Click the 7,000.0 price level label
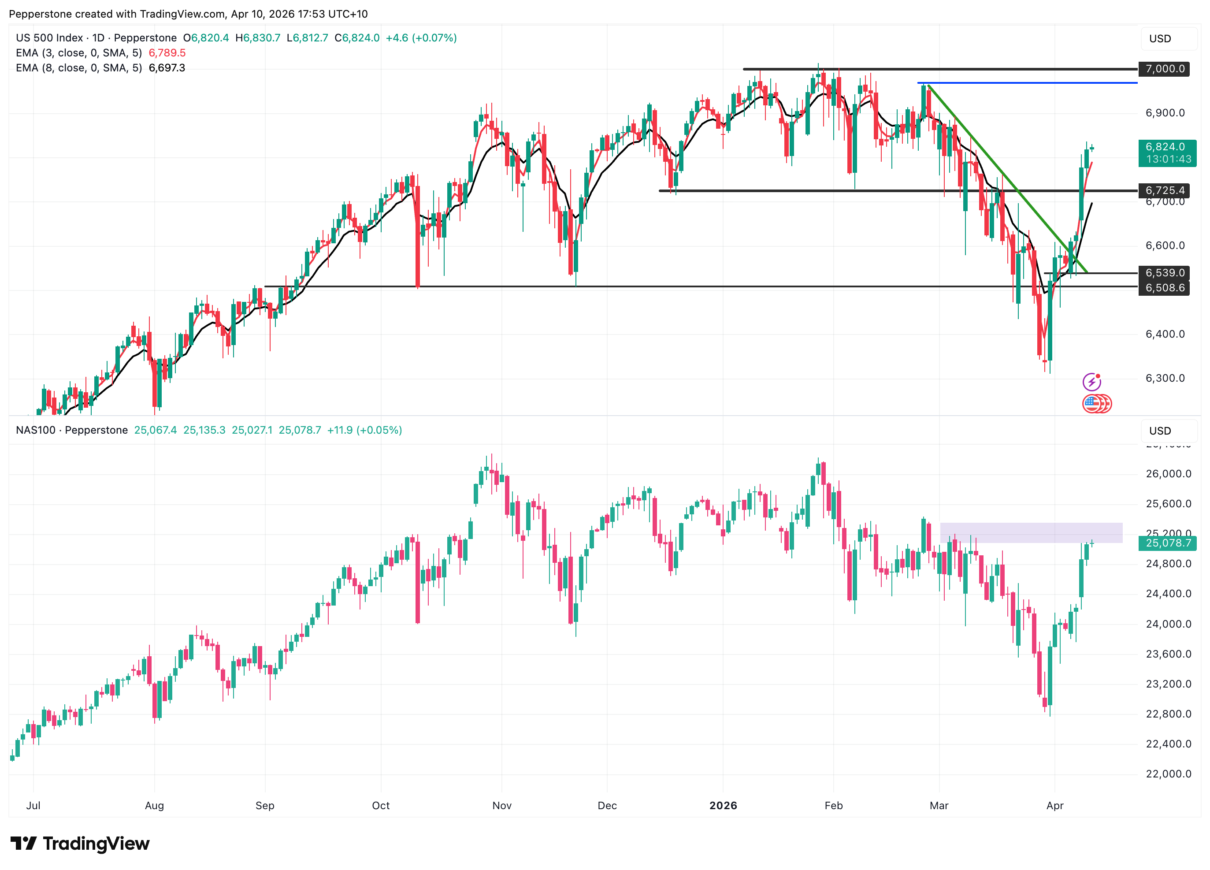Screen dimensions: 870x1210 [x=1165, y=69]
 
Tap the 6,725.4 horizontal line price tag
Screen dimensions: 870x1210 [x=1165, y=190]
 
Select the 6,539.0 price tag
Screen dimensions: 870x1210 [x=1165, y=273]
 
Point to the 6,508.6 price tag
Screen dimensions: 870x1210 [x=1165, y=288]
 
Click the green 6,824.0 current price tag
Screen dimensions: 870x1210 [x=1167, y=152]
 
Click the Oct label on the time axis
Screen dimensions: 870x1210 [x=381, y=805]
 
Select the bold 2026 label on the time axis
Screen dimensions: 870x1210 [x=723, y=805]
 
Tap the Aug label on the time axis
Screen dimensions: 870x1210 [x=154, y=805]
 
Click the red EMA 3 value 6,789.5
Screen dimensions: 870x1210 [x=167, y=53]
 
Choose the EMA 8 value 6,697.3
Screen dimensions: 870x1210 [x=167, y=68]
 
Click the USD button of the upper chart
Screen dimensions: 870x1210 [x=1160, y=38]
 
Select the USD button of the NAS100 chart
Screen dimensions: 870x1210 [x=1160, y=431]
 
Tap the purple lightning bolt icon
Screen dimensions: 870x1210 [x=1091, y=382]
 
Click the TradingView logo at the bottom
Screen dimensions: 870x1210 [x=80, y=844]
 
